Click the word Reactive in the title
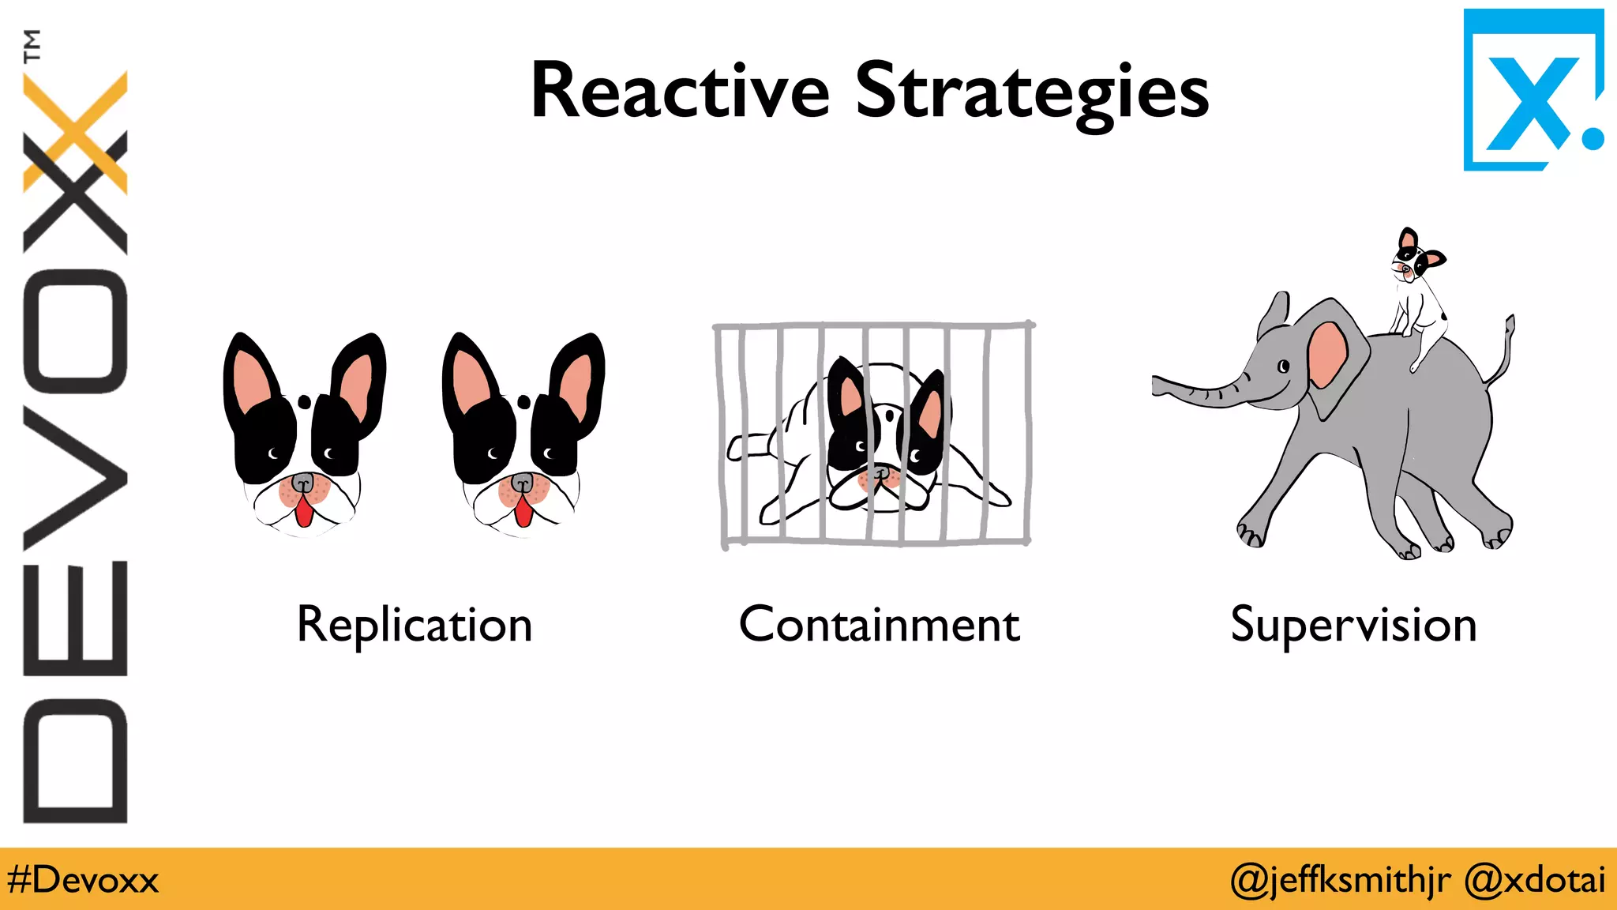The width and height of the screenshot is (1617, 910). tap(680, 92)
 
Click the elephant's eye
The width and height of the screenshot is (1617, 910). tap(1284, 367)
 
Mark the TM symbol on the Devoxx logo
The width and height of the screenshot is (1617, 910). tap(32, 46)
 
